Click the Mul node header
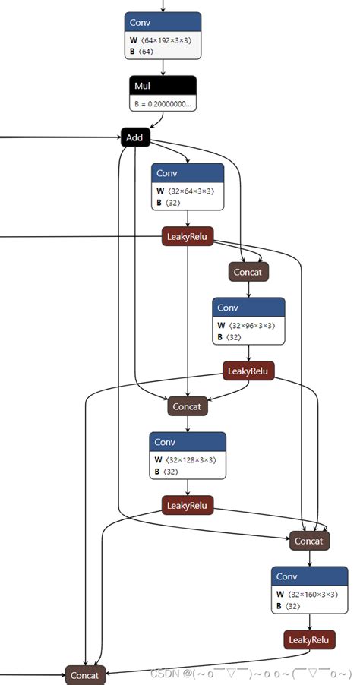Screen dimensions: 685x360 pyautogui.click(x=163, y=87)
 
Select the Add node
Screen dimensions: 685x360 pyautogui.click(x=135, y=137)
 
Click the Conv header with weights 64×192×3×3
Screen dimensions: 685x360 pyautogui.click(x=163, y=23)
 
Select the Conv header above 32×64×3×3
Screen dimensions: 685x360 pyautogui.click(x=188, y=173)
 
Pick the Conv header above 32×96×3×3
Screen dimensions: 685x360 pyautogui.click(x=248, y=308)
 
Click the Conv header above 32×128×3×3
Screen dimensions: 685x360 pyautogui.click(x=188, y=442)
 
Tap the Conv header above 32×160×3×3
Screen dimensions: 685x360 pyautogui.click(x=309, y=576)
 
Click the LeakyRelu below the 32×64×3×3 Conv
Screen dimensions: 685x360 pyautogui.click(x=187, y=238)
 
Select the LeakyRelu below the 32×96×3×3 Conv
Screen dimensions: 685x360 pyautogui.click(x=248, y=371)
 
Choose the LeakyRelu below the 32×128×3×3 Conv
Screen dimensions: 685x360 pyautogui.click(x=187, y=505)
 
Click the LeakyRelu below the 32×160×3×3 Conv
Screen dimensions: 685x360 pyautogui.click(x=309, y=639)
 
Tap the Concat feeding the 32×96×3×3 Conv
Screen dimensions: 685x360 pyautogui.click(x=248, y=271)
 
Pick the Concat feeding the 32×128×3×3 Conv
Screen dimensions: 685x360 pyautogui.click(x=187, y=406)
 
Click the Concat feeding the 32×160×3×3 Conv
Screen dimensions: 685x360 pyautogui.click(x=309, y=541)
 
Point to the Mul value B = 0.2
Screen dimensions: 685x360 pyautogui.click(x=162, y=103)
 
